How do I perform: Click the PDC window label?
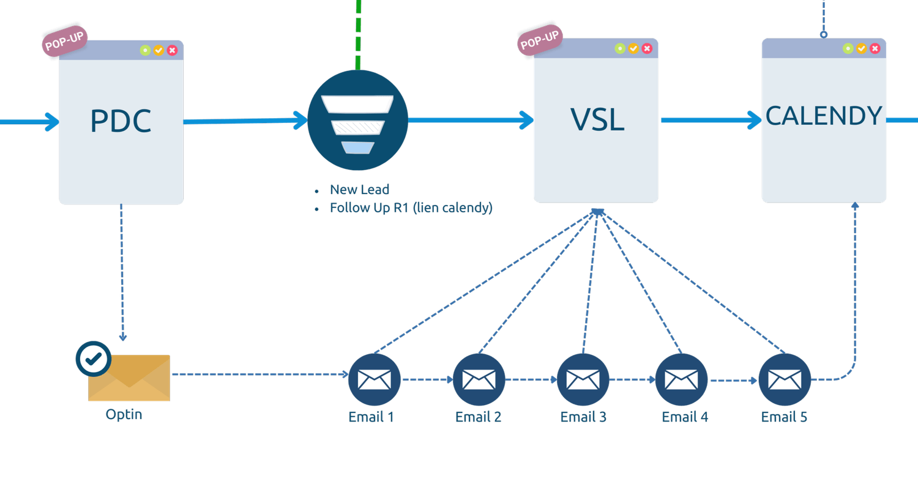point(121,121)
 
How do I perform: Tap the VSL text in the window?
point(597,120)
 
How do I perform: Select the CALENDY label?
point(824,116)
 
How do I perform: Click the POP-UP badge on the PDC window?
point(64,41)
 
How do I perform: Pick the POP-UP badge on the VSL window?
point(539,41)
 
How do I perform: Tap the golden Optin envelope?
point(129,378)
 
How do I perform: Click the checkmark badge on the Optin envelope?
point(93,359)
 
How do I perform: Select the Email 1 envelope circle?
point(374,379)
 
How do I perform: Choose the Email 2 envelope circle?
point(479,379)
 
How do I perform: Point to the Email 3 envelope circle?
point(583,379)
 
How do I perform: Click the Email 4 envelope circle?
point(681,379)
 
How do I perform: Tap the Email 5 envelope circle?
point(785,379)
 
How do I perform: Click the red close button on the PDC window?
point(172,50)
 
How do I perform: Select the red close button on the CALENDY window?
point(875,48)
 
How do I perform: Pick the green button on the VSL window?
point(620,48)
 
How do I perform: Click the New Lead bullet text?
point(359,189)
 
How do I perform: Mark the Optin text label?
point(124,414)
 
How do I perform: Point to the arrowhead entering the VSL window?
point(526,120)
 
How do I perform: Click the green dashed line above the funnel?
point(358,31)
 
